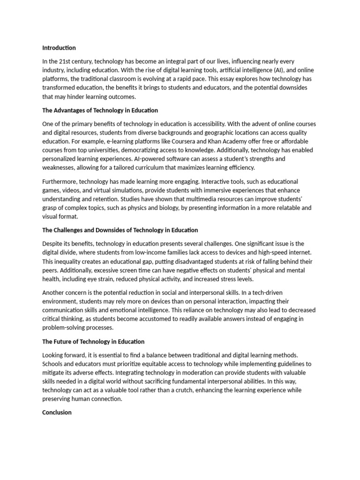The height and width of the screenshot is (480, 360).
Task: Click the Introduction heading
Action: pyautogui.click(x=59, y=48)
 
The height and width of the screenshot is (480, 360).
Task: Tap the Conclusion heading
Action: pyautogui.click(x=57, y=412)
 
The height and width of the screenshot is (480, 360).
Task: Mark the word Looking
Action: pyautogui.click(x=54, y=355)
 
